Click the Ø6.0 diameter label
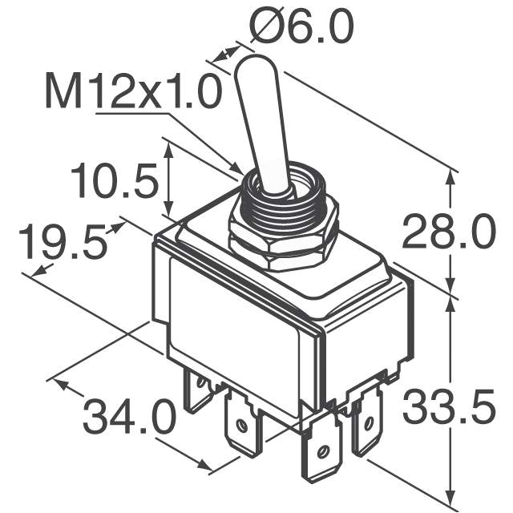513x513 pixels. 301,30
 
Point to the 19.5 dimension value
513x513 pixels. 63,244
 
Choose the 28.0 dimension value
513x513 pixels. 448,234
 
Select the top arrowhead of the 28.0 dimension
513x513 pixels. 453,177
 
